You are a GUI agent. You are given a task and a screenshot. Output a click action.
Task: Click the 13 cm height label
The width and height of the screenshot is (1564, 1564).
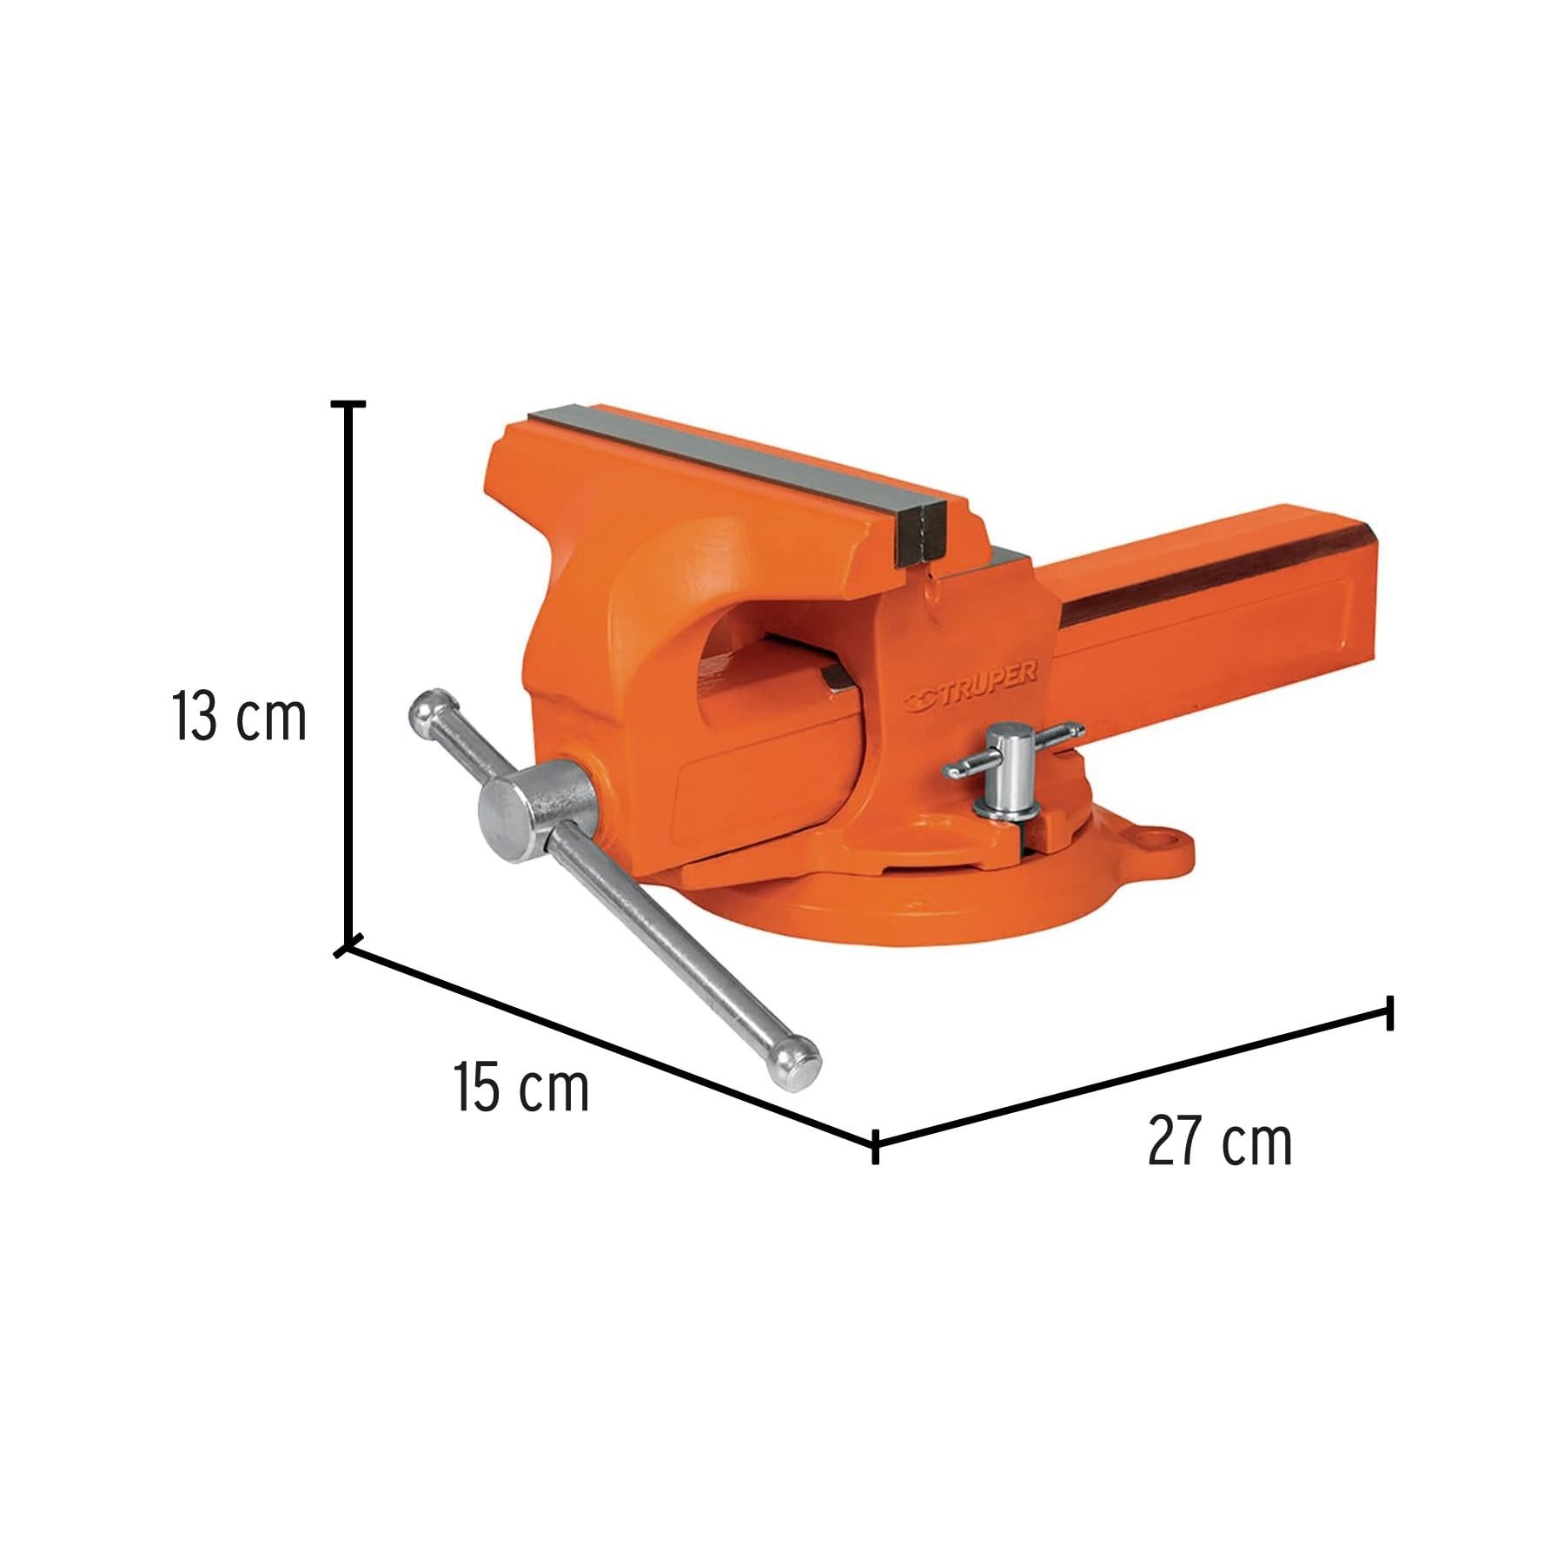click(x=239, y=718)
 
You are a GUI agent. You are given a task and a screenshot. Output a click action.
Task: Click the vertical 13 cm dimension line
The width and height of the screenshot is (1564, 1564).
click(x=349, y=678)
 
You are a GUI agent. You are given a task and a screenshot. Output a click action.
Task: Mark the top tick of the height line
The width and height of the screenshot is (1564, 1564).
click(x=348, y=404)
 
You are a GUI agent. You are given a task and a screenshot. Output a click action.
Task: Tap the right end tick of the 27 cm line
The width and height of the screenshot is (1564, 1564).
click(x=1390, y=1014)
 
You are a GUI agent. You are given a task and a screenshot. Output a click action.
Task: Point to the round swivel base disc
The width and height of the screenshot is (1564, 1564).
click(x=904, y=912)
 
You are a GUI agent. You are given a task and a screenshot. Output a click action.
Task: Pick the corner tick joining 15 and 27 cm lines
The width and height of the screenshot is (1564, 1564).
click(x=875, y=1148)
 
